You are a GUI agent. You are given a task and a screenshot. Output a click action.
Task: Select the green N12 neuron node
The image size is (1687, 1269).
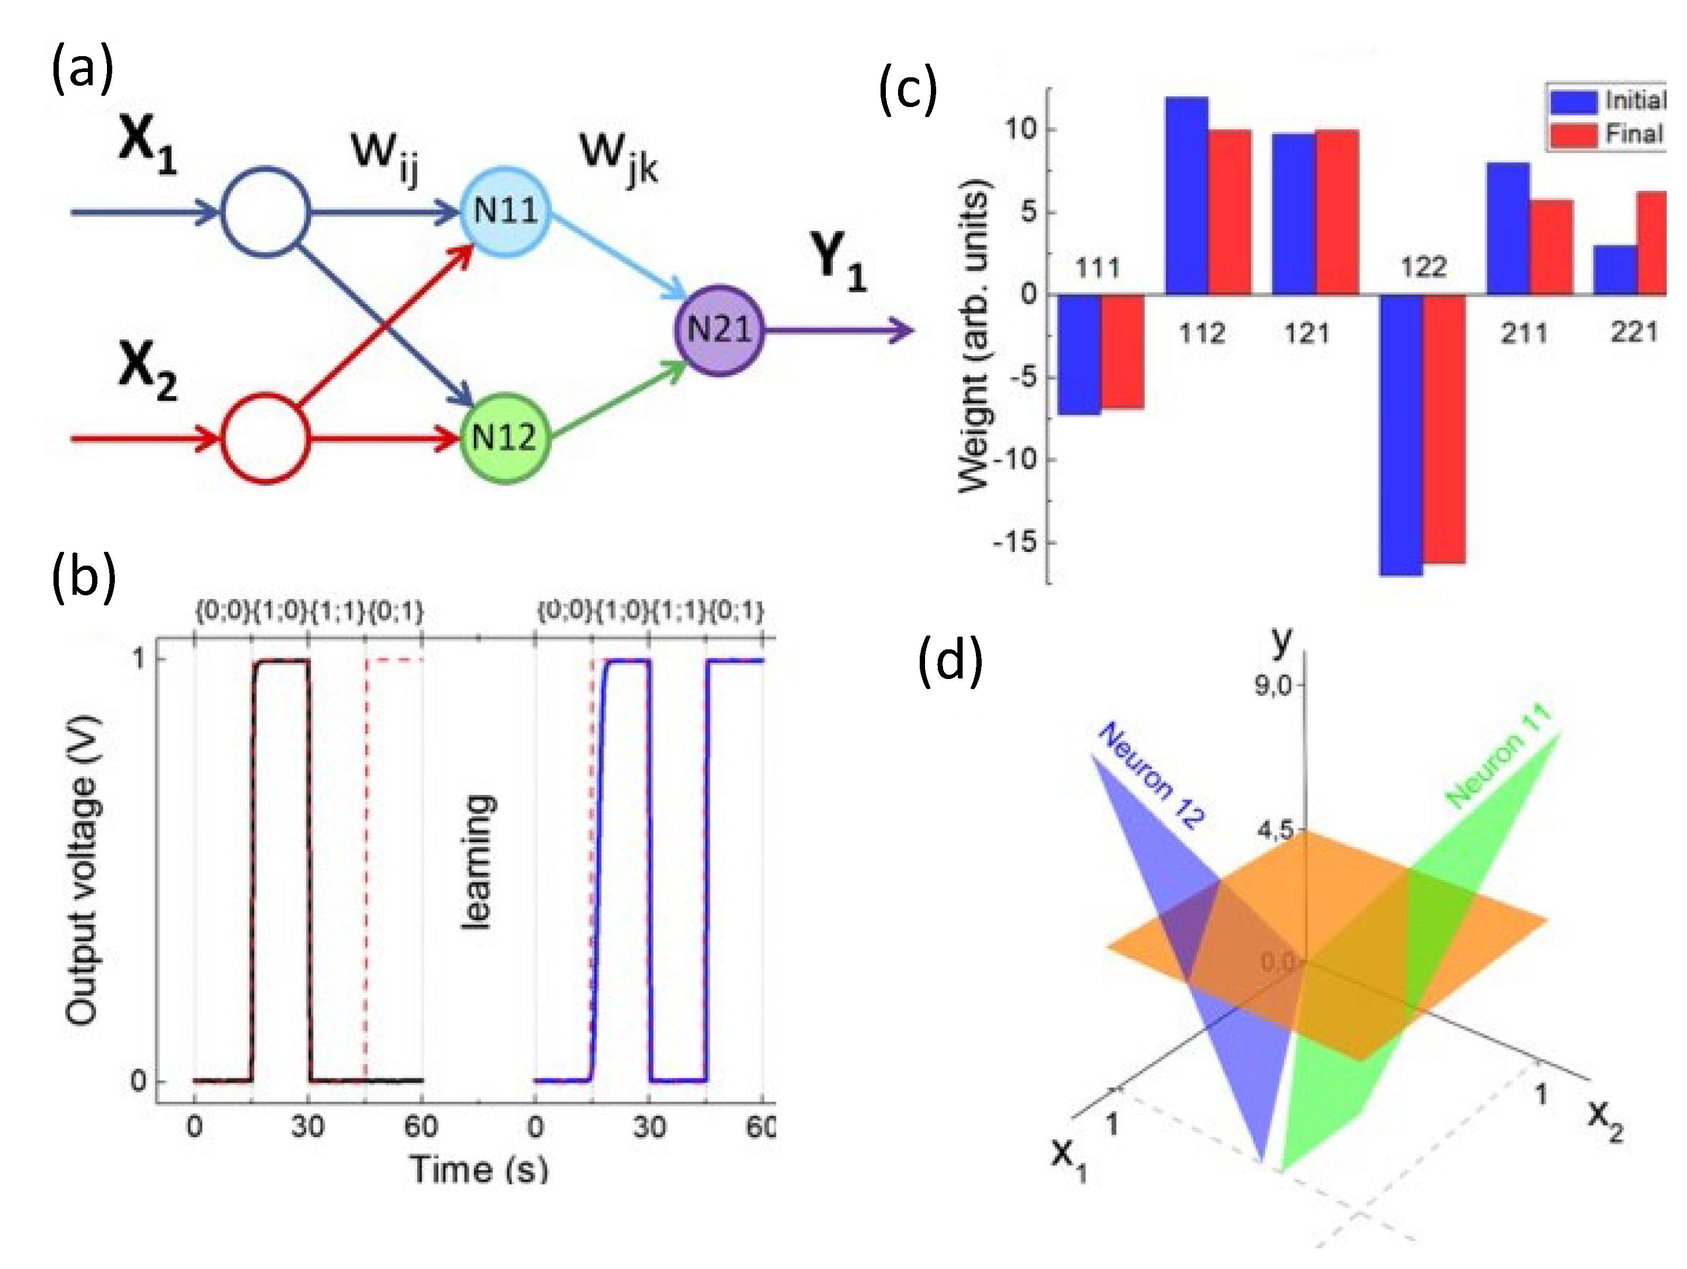[x=504, y=437]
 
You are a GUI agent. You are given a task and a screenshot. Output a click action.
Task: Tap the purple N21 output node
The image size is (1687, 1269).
[x=719, y=330]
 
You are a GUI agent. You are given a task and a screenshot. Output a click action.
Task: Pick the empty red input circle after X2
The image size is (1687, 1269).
[x=265, y=438]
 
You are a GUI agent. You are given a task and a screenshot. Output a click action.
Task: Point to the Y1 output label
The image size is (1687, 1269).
[x=838, y=263]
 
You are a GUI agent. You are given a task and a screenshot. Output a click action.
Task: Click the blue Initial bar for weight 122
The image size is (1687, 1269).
[x=1402, y=435]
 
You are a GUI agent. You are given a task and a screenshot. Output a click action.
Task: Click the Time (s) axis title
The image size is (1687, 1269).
[x=479, y=1169]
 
